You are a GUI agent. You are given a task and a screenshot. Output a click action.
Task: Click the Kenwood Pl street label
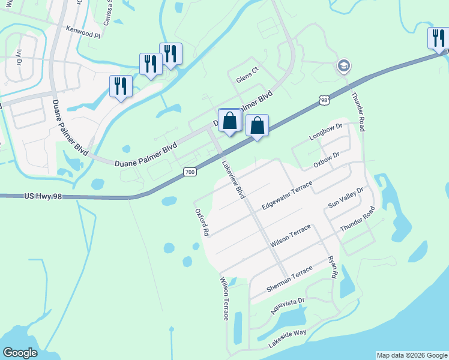[83, 35]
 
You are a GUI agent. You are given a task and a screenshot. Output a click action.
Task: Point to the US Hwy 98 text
[44, 196]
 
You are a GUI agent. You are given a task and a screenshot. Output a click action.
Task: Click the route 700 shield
[190, 172]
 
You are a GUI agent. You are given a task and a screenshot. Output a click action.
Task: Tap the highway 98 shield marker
[324, 100]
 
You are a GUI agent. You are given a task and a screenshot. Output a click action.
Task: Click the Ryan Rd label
[333, 267]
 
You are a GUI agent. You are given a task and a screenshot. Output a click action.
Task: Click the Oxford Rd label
[202, 222]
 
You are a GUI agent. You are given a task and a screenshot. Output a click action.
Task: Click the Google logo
[20, 352]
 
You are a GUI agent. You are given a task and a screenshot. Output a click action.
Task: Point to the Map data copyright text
[411, 355]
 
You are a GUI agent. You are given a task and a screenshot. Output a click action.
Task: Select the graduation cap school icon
[344, 65]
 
